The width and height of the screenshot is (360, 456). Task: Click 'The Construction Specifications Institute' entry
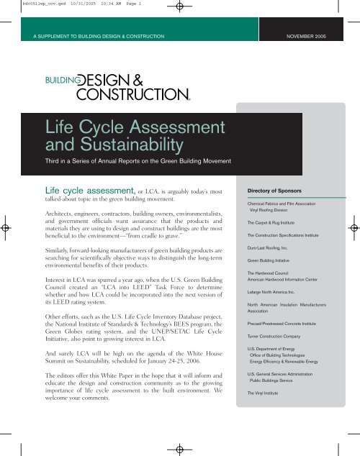(x=291, y=236)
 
